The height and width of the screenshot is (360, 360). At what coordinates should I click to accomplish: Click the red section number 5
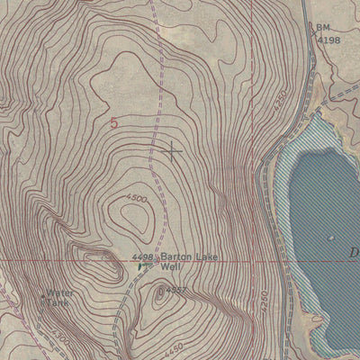point(113,123)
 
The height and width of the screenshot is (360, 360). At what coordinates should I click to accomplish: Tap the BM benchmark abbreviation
point(322,28)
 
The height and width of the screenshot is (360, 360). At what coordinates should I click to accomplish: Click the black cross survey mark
point(170,150)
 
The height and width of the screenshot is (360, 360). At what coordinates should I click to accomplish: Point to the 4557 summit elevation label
point(175,290)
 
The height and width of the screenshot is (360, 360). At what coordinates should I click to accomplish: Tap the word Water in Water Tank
point(60,293)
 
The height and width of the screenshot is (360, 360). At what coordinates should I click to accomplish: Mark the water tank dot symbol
point(43,294)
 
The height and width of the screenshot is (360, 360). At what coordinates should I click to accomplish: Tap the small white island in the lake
point(329,237)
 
